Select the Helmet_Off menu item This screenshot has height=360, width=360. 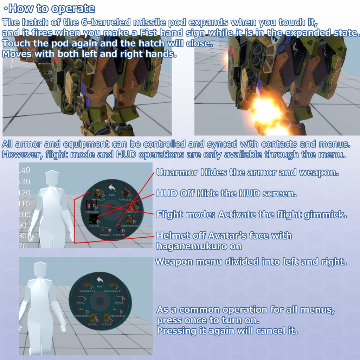click(98, 194)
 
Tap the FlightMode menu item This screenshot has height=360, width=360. click(92, 206)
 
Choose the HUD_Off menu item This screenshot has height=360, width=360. click(94, 220)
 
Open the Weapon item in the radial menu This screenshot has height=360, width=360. click(105, 230)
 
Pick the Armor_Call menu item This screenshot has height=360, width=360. click(126, 194)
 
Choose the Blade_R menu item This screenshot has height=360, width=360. click(119, 300)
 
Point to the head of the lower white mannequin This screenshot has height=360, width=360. click(40, 269)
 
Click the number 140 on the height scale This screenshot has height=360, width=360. click(24, 171)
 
